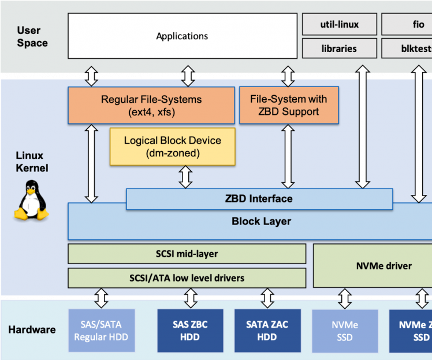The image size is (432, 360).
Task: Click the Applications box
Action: pyautogui.click(x=182, y=36)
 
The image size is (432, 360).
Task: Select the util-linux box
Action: pyautogui.click(x=339, y=24)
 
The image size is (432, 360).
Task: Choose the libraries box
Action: pyautogui.click(x=339, y=48)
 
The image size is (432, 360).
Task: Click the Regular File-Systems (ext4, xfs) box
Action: pyautogui.click(x=151, y=105)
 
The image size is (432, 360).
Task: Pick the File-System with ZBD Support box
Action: pyautogui.click(x=289, y=105)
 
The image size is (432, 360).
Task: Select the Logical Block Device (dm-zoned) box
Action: pyautogui.click(x=172, y=147)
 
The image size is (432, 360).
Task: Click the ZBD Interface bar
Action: pyautogui.click(x=259, y=199)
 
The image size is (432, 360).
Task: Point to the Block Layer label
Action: pyautogui.click(x=261, y=221)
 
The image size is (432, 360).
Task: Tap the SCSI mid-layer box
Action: pyautogui.click(x=187, y=253)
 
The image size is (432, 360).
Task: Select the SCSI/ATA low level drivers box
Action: pyautogui.click(x=187, y=277)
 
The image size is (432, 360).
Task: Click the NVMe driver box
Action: pyautogui.click(x=375, y=265)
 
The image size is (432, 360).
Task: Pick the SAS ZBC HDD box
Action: pyautogui.click(x=191, y=331)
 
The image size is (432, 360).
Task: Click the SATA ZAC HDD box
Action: pyautogui.click(x=267, y=331)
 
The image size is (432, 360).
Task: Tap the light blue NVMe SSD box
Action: pyautogui.click(x=345, y=331)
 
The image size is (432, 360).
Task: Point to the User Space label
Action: pyautogui.click(x=32, y=36)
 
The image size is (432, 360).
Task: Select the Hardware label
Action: pyautogui.click(x=32, y=330)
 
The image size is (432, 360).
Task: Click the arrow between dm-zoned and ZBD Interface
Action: pyautogui.click(x=185, y=177)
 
